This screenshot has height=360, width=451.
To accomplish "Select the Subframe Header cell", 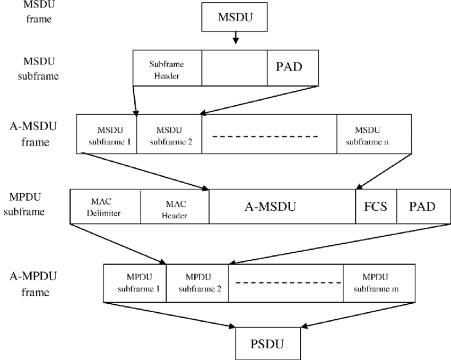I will pos(167,68).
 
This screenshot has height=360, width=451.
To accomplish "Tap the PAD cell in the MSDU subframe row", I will pos(292,68).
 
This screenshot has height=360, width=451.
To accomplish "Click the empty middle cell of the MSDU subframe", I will pos(234,68).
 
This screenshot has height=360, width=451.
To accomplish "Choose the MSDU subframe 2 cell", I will pos(169,134).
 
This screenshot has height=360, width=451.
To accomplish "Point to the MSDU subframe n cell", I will pos(374,134).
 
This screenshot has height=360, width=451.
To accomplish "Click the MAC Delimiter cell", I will pos(105,207).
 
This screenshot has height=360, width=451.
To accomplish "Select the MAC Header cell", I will pos(175,207).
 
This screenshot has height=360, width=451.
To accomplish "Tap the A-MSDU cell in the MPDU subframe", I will pos(282,207).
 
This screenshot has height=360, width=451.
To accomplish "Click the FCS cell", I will pos(376,207).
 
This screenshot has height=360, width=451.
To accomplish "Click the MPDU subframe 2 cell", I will pos(197,283).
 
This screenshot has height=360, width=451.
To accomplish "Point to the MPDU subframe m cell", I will pos(379,283).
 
